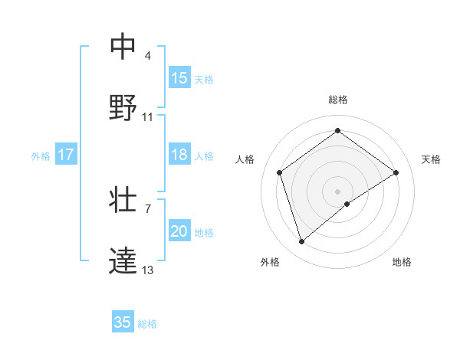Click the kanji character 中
pyautogui.click(x=123, y=47)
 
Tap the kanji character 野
pyautogui.click(x=123, y=106)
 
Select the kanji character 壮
pyautogui.click(x=123, y=199)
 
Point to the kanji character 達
pyautogui.click(x=123, y=259)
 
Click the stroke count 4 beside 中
pyautogui.click(x=147, y=57)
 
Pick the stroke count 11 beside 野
pyautogui.click(x=148, y=117)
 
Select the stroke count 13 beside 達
pyautogui.click(x=148, y=270)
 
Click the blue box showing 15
pyautogui.click(x=179, y=78)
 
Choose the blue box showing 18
pyautogui.click(x=179, y=155)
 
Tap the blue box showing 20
pyautogui.click(x=179, y=231)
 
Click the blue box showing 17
pyautogui.click(x=66, y=155)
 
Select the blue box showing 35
pyautogui.click(x=123, y=322)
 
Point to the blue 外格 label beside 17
pyautogui.click(x=41, y=155)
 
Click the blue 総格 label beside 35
pyautogui.click(x=147, y=323)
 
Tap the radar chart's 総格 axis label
pyautogui.click(x=338, y=100)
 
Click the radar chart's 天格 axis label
pyautogui.click(x=431, y=159)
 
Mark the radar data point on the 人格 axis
pyautogui.click(x=280, y=172)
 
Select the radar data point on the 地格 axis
pyautogui.click(x=347, y=204)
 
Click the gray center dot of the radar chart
pyautogui.click(x=338, y=191)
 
